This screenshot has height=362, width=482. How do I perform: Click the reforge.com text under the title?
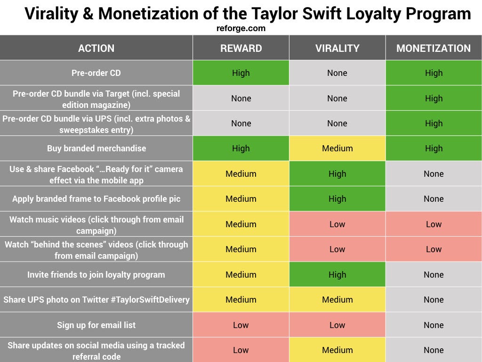(x=241, y=28)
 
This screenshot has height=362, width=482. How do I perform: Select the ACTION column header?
(x=96, y=48)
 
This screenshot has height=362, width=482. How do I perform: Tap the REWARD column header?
(x=241, y=48)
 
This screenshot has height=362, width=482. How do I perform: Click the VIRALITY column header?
(x=337, y=48)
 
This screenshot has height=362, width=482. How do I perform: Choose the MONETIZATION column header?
(x=434, y=48)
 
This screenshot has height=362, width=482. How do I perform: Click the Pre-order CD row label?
(x=96, y=73)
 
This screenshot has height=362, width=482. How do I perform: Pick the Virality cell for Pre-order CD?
(x=337, y=73)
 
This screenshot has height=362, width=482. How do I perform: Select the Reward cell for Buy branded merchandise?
(x=241, y=148)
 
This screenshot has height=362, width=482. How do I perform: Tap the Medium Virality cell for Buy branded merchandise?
(x=337, y=148)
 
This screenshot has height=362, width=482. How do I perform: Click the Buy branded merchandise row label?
(x=96, y=148)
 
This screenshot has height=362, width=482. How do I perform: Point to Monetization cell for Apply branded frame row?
(x=434, y=199)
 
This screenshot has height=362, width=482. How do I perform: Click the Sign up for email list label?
(x=96, y=325)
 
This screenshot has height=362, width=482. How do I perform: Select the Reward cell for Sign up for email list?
(x=241, y=325)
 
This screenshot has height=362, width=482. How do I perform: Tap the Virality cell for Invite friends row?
(x=337, y=275)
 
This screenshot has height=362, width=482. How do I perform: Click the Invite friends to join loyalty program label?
(x=96, y=275)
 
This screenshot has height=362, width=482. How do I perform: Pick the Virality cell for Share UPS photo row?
(x=337, y=300)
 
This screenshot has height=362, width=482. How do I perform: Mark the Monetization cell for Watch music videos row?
(x=434, y=224)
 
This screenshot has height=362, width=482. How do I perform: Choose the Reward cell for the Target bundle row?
(x=241, y=98)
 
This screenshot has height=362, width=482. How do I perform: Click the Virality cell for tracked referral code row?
(x=337, y=350)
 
